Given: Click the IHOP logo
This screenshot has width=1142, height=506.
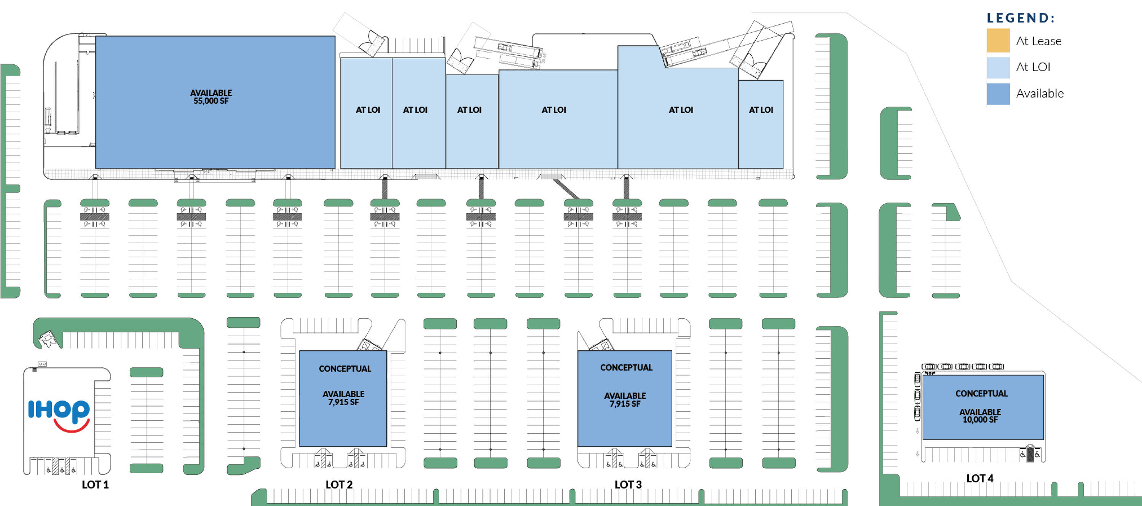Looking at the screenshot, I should point(59,415).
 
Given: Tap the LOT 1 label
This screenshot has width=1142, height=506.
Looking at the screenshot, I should point(95,485).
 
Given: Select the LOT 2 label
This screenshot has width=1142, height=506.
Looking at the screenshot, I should point(339,485).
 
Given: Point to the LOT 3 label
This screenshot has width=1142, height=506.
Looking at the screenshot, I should point(628,485).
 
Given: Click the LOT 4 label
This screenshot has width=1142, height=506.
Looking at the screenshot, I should point(980,479).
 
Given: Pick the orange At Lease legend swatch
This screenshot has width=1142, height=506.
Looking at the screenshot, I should point(998,40).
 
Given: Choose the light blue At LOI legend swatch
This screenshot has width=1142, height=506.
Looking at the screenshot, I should point(998,67).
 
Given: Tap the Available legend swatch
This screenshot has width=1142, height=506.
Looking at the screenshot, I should point(998,94).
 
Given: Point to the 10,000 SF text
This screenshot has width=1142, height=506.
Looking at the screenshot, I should point(980,420).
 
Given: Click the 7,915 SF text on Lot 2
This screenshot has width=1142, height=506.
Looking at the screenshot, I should point(344,402).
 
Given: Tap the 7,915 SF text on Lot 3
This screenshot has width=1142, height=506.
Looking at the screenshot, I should point(625,404).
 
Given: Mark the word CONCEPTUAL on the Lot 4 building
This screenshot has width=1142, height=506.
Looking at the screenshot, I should point(981,394).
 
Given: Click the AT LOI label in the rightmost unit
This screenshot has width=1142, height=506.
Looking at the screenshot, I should point(761,110).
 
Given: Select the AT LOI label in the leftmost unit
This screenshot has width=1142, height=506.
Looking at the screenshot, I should point(368,110).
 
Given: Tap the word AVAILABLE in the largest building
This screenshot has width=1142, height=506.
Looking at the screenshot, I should point(211,93).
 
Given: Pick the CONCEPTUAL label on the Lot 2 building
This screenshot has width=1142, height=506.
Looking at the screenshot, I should point(345,369).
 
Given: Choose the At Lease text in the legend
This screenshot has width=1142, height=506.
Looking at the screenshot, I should point(1039,41).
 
